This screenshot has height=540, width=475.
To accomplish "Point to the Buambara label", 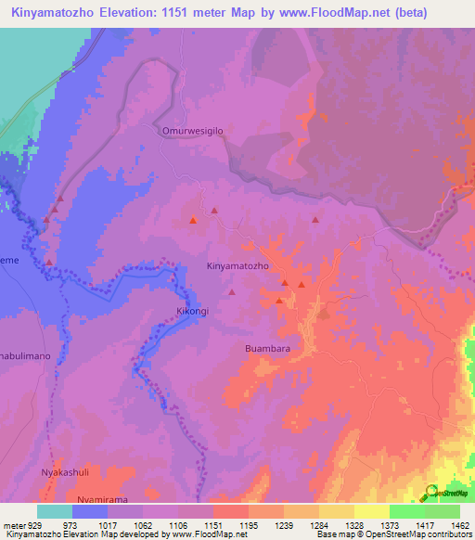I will pyautogui.click(x=268, y=348).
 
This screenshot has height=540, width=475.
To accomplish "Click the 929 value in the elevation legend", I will pyautogui.click(x=36, y=524).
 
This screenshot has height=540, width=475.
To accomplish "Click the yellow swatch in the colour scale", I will pyautogui.click(x=372, y=511).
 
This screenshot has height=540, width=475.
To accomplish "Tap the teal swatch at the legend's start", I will pyautogui.click(x=55, y=511).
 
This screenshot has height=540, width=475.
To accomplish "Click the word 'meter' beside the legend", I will pyautogui.click(x=13, y=524).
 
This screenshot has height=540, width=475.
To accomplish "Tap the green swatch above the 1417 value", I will pyautogui.click(x=407, y=511).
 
